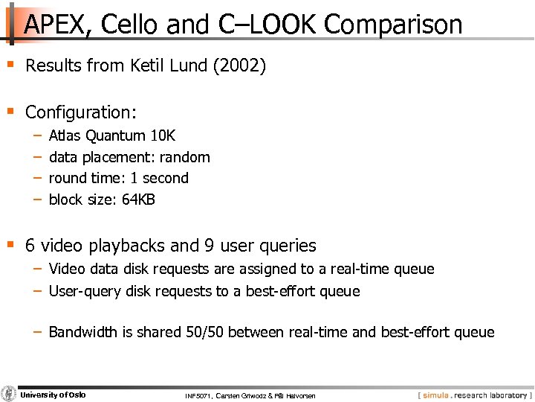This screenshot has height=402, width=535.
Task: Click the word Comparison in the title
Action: [x=393, y=25]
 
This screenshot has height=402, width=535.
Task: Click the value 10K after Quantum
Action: [x=162, y=135]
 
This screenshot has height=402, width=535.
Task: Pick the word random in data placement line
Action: [x=187, y=157]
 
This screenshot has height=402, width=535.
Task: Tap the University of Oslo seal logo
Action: [x=9, y=394]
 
